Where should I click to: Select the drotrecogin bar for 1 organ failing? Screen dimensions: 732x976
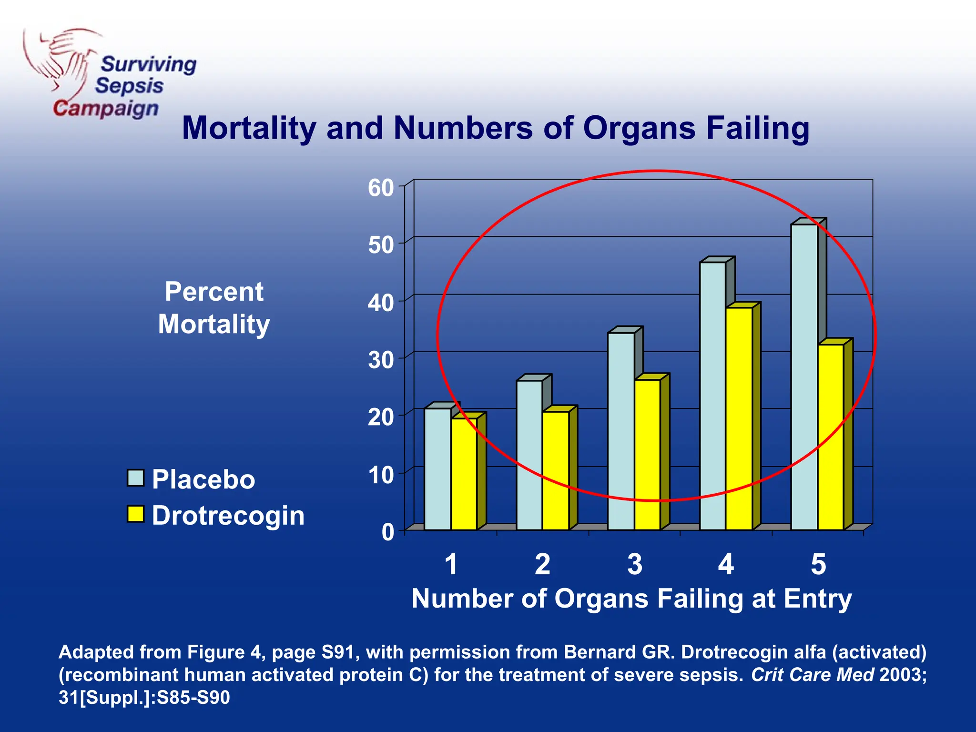point(464,474)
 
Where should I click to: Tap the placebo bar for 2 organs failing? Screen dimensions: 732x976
point(529,455)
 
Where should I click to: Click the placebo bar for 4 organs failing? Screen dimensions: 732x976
point(712,396)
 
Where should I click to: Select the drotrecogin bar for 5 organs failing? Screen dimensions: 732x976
point(831,437)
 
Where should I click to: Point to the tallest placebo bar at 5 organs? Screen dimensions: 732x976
point(804,376)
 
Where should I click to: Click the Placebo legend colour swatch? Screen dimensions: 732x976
point(136,478)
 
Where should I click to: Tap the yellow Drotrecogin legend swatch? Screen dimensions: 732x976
point(136,514)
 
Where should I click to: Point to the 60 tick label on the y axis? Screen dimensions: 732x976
point(381,188)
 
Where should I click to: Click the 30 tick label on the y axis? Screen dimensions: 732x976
point(381,360)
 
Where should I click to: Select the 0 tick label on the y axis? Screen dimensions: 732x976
point(387,532)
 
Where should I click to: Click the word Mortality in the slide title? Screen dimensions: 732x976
point(249,128)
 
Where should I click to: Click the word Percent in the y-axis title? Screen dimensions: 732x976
point(214,291)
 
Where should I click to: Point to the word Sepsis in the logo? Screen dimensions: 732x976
point(129,86)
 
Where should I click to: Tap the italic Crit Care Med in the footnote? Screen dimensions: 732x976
point(813,675)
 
